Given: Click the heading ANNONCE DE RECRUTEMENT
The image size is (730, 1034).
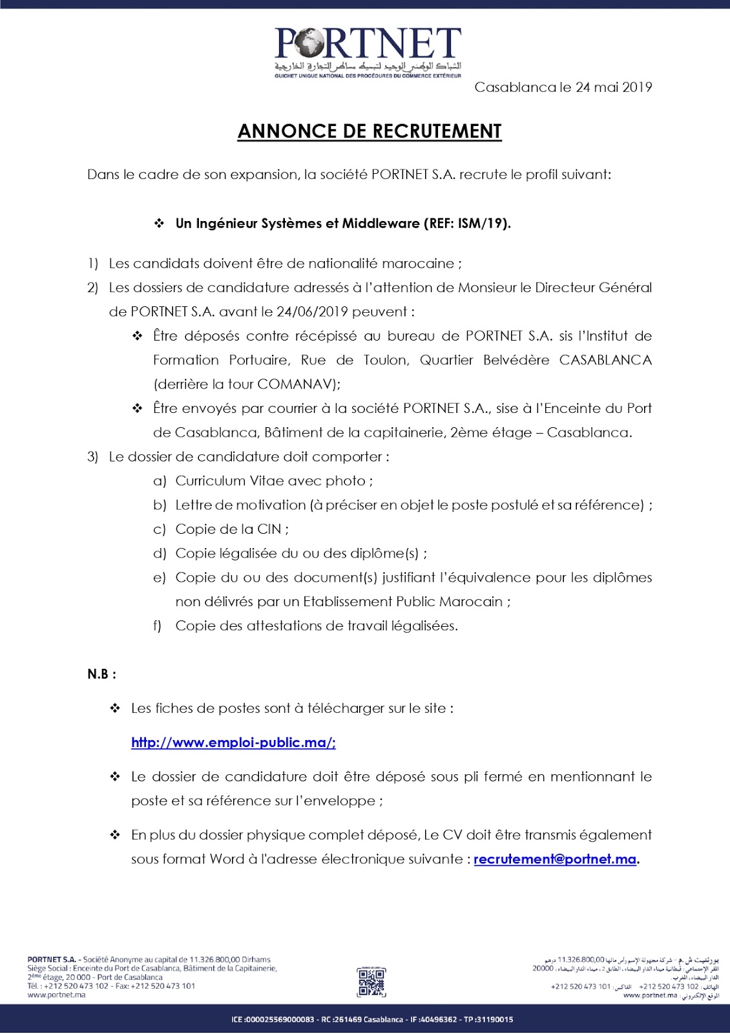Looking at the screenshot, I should click(x=370, y=131).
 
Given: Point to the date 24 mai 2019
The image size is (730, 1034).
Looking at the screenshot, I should click(x=614, y=87).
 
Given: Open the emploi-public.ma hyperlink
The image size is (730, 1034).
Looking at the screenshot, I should click(x=233, y=743).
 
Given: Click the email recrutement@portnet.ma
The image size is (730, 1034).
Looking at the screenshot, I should click(x=555, y=860).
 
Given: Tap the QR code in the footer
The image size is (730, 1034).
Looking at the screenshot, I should click(x=371, y=982).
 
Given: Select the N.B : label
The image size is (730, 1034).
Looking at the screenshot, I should click(x=102, y=674).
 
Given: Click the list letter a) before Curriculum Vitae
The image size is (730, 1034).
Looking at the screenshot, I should click(x=160, y=481).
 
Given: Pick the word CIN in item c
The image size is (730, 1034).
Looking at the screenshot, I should click(x=269, y=529).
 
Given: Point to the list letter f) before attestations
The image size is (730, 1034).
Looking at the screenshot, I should click(x=158, y=626).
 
